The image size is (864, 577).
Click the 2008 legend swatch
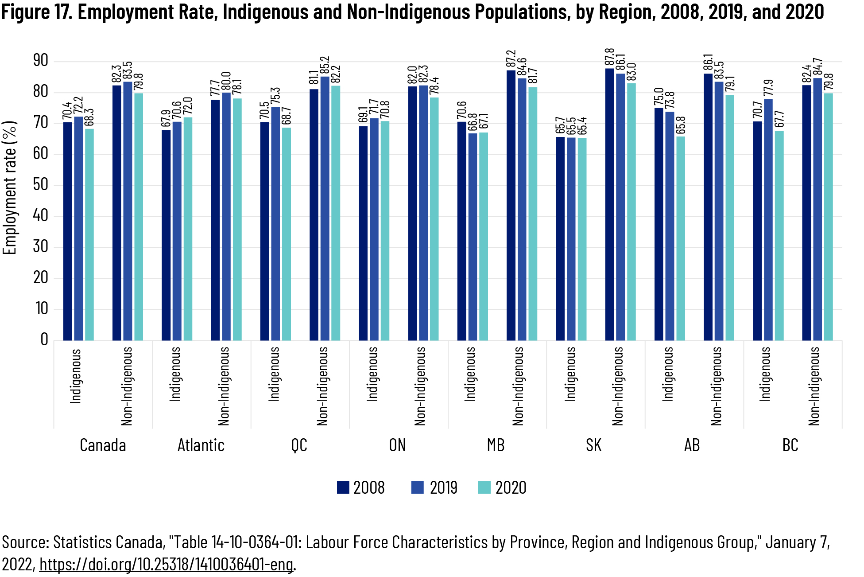point(343,487)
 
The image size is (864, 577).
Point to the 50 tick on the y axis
point(41,185)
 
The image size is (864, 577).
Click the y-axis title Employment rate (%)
point(10,187)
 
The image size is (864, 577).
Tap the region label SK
point(593,445)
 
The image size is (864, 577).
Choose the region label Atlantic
point(201,445)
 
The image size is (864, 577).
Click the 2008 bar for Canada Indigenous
point(68,231)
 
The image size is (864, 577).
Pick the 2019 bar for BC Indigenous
point(768,219)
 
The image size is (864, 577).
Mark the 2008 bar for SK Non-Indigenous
point(609,204)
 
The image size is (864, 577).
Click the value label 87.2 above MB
point(511,59)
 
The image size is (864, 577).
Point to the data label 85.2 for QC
point(325,65)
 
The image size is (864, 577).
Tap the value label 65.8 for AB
point(681,125)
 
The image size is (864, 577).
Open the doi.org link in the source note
point(166,565)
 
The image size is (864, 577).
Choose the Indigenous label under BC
point(765,374)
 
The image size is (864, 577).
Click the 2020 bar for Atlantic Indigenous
point(188,229)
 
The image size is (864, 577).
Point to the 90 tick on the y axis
point(41,61)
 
